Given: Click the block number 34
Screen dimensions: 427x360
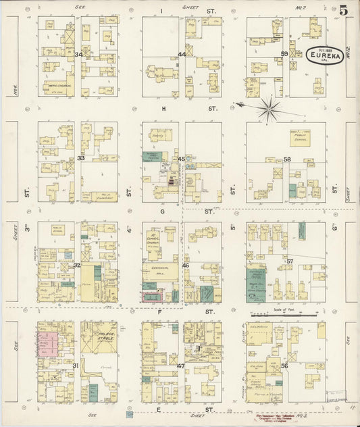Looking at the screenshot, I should coord(79,54).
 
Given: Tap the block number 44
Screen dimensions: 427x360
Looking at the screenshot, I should coord(182,54).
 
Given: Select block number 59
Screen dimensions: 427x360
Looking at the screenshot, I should coord(284,53).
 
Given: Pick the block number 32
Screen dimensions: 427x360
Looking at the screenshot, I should coord(77,265).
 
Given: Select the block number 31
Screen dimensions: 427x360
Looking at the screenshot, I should coord(76,366).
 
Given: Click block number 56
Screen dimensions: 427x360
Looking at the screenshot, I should coord(284,366).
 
